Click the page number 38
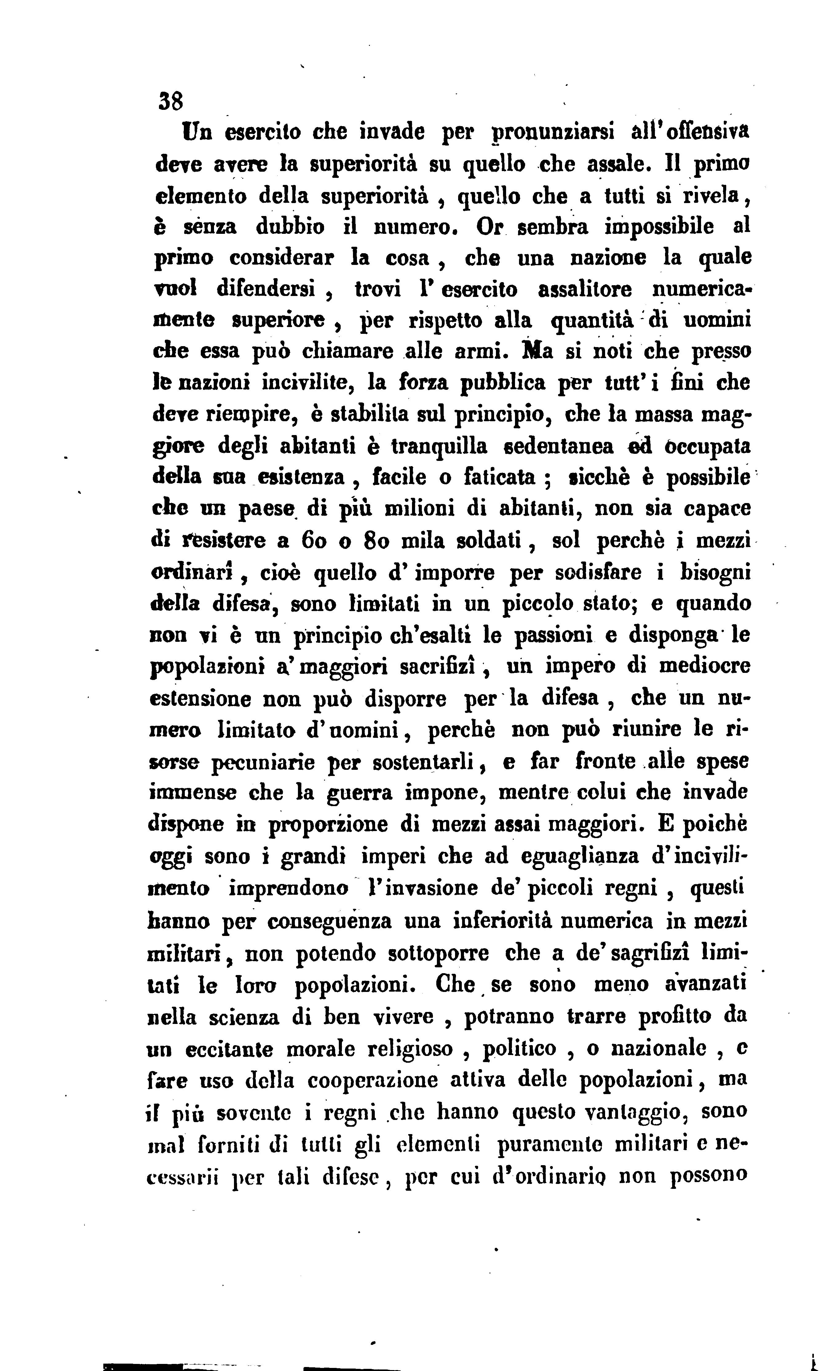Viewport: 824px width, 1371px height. coord(170,102)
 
